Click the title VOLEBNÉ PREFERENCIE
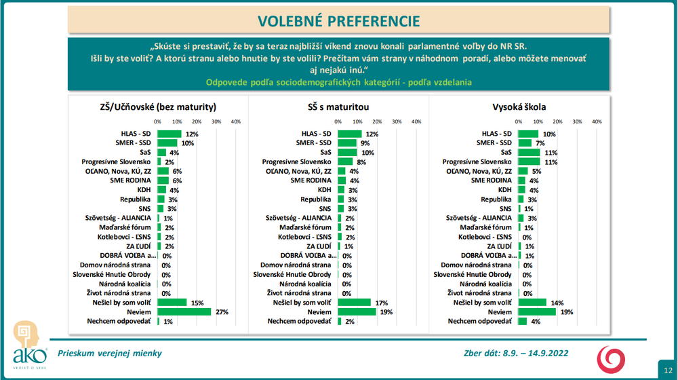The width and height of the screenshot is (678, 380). (x=339, y=21)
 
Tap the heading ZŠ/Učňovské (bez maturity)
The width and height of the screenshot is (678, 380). (x=158, y=107)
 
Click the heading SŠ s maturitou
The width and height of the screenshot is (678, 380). (x=338, y=107)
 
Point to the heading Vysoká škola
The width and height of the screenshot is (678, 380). (x=519, y=107)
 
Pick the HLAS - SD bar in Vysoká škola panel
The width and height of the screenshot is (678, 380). (x=528, y=134)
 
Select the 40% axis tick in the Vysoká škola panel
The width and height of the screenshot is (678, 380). (x=597, y=121)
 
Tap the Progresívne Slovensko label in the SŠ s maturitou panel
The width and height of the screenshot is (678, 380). (x=296, y=162)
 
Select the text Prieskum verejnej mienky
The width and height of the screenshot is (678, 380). (x=110, y=353)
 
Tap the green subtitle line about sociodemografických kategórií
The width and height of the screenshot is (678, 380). (x=339, y=82)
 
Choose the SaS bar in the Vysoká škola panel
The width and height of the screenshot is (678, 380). (x=529, y=153)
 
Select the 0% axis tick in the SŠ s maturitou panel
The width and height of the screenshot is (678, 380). (x=338, y=121)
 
